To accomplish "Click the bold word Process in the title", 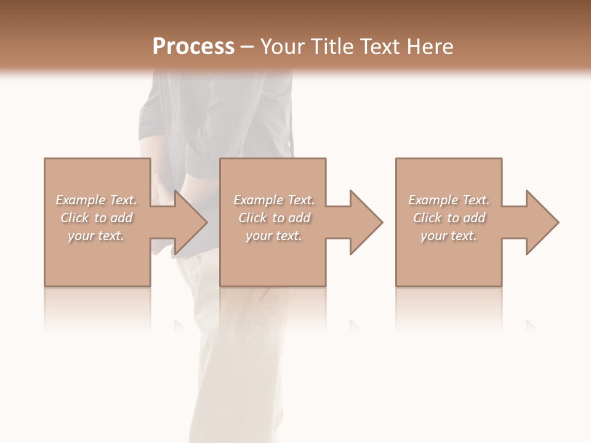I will [x=193, y=47].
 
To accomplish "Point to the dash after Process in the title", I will [x=247, y=47].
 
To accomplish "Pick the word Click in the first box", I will [x=74, y=218].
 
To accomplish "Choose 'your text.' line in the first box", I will [x=96, y=236].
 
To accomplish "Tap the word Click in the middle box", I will [x=252, y=218].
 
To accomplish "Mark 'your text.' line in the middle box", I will [x=274, y=236].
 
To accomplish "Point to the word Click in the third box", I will [x=427, y=218].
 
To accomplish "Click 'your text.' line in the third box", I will [x=449, y=236].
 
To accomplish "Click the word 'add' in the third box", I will [x=474, y=218].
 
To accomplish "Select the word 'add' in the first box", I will [x=121, y=218].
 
